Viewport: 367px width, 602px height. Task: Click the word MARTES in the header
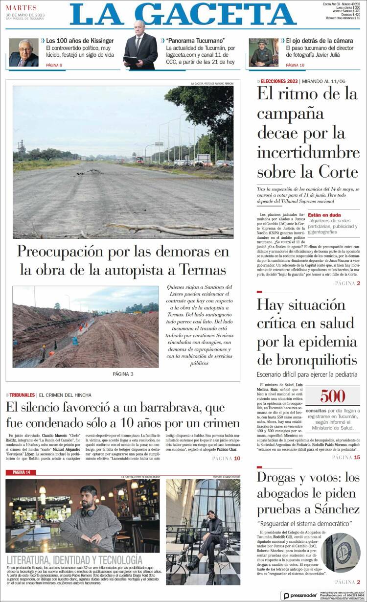[x=22, y=8]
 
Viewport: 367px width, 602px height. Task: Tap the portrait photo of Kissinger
[x=23, y=52]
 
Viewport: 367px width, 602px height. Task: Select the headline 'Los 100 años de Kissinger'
[x=80, y=40]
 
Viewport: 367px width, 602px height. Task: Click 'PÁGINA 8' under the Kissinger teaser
[x=54, y=65]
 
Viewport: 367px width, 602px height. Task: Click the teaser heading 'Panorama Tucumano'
[x=195, y=40]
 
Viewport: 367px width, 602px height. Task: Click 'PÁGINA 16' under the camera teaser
[x=295, y=65]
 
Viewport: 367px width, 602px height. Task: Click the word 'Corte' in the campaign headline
[x=339, y=172]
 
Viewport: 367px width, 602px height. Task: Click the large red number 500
[x=333, y=395]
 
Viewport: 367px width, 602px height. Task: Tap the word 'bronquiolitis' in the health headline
[x=307, y=360]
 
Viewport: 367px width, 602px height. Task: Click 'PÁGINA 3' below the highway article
[x=123, y=374]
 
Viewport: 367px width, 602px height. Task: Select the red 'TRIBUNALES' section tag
[x=22, y=395]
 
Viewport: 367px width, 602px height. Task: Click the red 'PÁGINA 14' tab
[x=21, y=472]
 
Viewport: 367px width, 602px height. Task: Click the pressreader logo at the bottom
[x=299, y=596]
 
